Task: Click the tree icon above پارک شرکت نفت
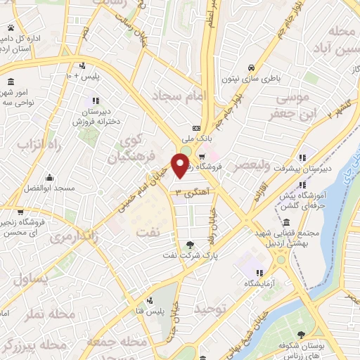point(190,244)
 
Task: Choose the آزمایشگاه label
point(259,283)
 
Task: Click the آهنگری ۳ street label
point(188,191)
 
